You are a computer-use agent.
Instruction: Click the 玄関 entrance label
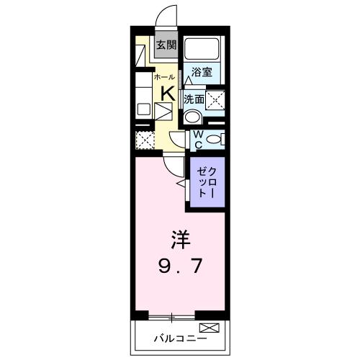point(166,45)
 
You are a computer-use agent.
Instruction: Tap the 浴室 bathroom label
point(202,72)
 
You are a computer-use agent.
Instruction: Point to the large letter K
point(166,93)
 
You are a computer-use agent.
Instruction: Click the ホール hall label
point(163,76)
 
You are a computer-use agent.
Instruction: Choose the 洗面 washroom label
point(192,99)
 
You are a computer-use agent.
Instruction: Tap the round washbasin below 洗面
point(192,117)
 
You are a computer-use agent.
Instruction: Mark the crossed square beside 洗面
point(215,99)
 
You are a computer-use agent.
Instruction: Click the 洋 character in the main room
point(180,238)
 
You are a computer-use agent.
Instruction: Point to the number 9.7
point(180,267)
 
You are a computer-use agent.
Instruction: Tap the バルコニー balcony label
point(180,338)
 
